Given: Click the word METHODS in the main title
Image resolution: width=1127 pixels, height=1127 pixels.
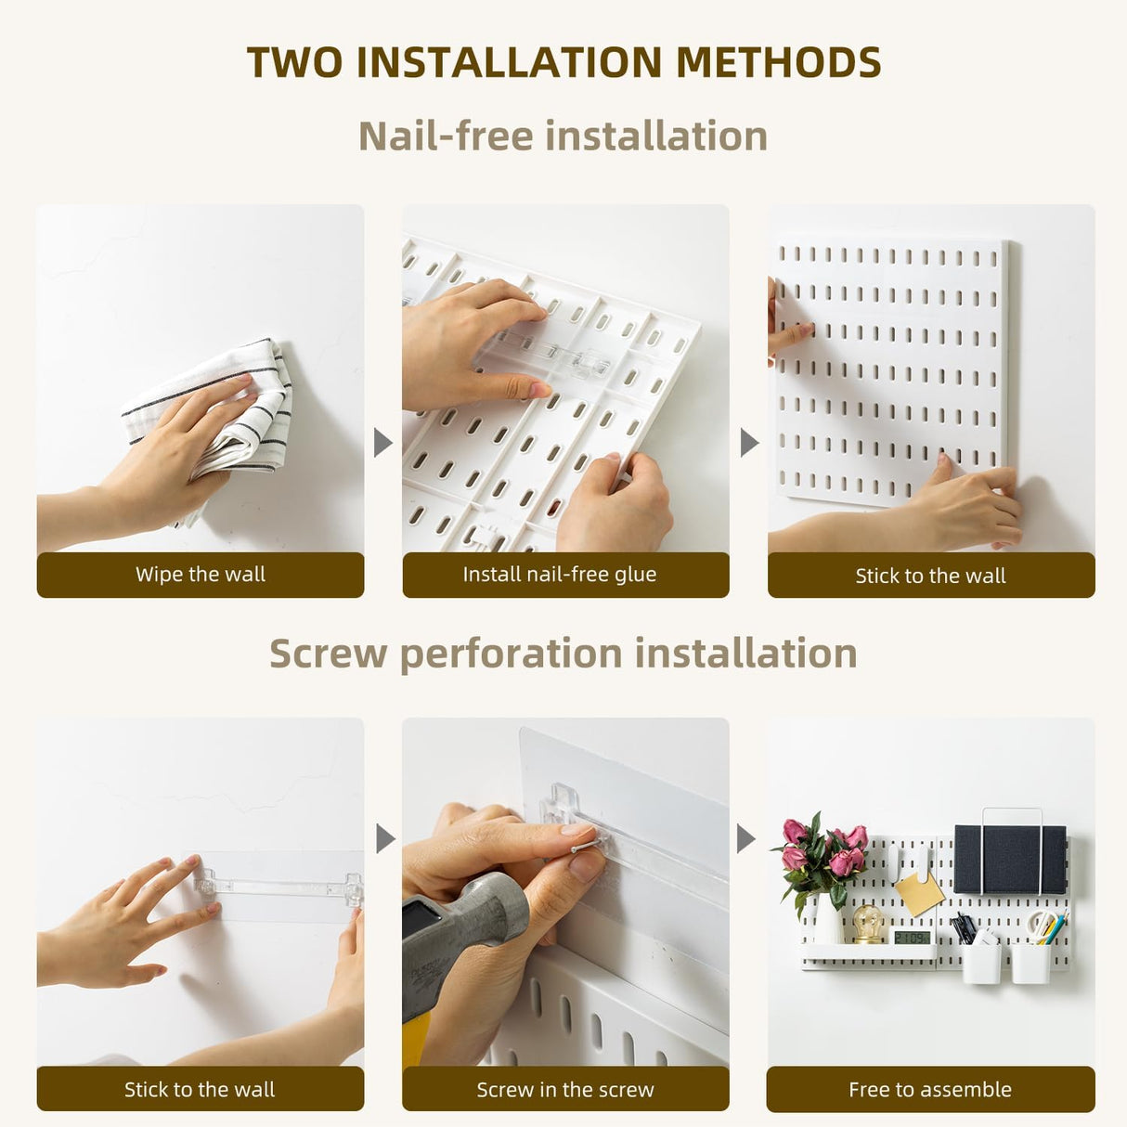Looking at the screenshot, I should point(778,63).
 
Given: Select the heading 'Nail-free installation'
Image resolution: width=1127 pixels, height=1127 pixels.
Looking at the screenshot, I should point(563,136).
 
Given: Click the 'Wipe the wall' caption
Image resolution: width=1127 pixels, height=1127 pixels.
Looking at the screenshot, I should point(200,575).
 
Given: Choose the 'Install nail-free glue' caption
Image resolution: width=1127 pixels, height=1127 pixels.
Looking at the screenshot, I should point(560,575).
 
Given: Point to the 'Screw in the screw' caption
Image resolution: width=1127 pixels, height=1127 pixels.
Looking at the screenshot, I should point(564,1089).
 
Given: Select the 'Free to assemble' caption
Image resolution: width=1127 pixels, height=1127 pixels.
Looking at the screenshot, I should point(929,1089).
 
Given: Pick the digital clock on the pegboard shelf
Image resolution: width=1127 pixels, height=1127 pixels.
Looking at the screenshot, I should point(912,936).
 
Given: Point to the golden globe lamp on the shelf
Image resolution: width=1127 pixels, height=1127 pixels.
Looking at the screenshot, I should point(868,923).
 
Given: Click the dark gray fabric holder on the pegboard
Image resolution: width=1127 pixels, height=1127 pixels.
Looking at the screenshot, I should point(1010,860).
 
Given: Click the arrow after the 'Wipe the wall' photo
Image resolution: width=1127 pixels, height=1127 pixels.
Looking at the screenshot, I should point(382,443).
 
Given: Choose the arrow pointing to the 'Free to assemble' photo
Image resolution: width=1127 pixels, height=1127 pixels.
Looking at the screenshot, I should point(746,839).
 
